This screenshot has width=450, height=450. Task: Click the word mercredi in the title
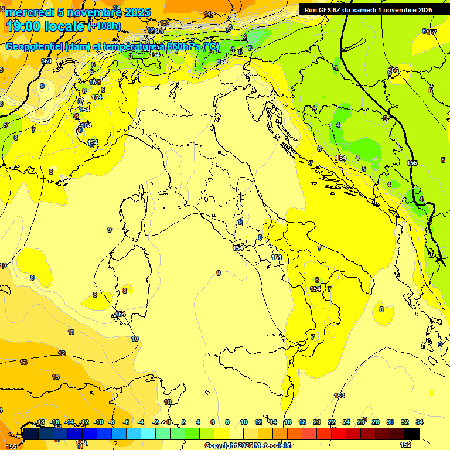30,12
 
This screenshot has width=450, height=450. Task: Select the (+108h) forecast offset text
104,26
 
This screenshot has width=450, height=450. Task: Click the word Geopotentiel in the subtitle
34,47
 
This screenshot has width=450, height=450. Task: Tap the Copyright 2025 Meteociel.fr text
248,446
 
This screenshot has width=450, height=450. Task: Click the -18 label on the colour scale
40,422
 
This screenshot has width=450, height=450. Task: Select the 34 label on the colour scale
420,422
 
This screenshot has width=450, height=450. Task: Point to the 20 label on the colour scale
317,422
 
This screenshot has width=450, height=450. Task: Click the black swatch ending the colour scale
412,434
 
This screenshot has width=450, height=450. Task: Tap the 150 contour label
46,61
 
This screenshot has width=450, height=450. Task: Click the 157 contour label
431,32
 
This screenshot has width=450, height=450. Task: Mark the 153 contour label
339,396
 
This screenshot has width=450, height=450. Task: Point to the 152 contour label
405,445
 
